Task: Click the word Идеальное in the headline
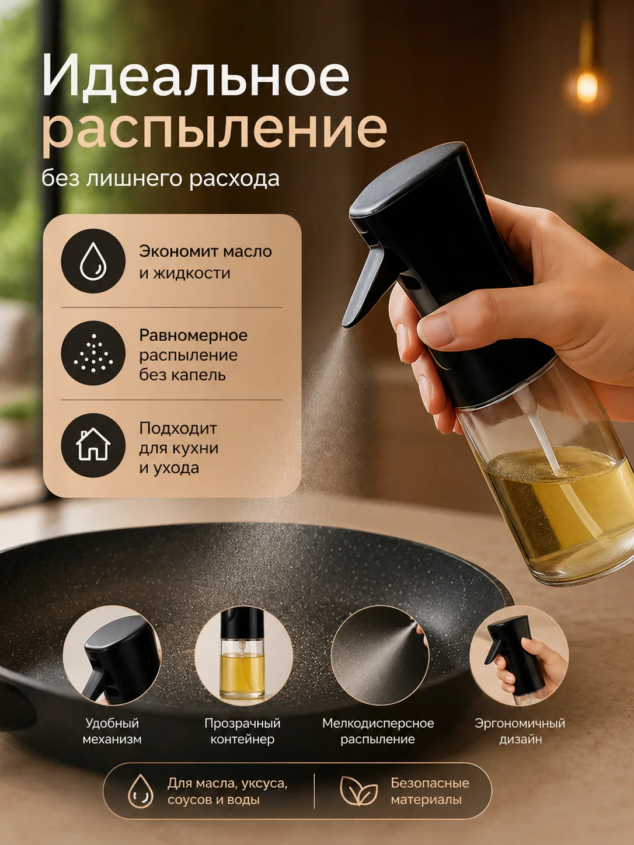coord(196,75)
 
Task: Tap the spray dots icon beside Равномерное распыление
coord(93,353)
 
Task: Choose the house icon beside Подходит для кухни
coord(93,445)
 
